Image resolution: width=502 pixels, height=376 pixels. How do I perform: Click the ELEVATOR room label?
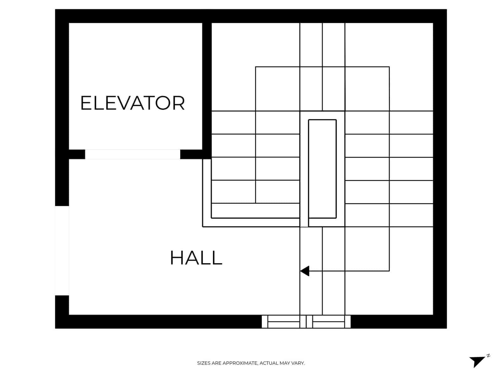pyautogui.click(x=132, y=103)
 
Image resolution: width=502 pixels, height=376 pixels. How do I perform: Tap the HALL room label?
pyautogui.click(x=196, y=258)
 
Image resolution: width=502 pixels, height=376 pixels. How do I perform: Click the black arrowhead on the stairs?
pyautogui.click(x=305, y=271)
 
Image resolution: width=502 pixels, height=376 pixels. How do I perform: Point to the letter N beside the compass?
pyautogui.click(x=488, y=356)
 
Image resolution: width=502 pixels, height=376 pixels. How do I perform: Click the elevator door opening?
pyautogui.click(x=132, y=154)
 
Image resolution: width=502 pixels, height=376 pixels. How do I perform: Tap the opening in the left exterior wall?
pyautogui.click(x=62, y=250)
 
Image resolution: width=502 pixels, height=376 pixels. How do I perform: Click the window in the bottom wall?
pyautogui.click(x=306, y=321)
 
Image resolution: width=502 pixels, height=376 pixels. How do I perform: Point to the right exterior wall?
pyautogui.click(x=440, y=169)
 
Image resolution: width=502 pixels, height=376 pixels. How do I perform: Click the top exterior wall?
pyautogui.click(x=251, y=16)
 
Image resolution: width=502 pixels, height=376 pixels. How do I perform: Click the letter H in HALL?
pyautogui.click(x=176, y=258)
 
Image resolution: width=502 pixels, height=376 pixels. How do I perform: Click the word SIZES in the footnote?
pyautogui.click(x=204, y=363)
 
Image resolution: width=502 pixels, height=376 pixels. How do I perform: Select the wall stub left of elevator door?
pyautogui.click(x=77, y=154)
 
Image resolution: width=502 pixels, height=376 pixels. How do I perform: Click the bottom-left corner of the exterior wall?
pyautogui.click(x=62, y=321)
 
